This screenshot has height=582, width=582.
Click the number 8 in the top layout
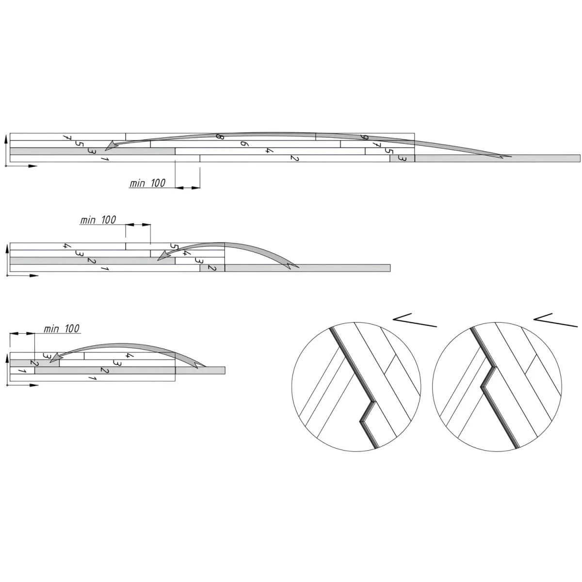pyautogui.click(x=220, y=136)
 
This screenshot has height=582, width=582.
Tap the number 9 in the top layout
pyautogui.click(x=365, y=137)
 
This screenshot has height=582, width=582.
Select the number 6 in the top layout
pyautogui.click(x=244, y=144)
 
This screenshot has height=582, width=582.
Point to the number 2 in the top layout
pyautogui.click(x=294, y=158)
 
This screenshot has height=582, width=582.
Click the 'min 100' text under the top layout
pyautogui.click(x=147, y=183)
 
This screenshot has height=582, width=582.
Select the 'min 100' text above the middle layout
pyautogui.click(x=98, y=220)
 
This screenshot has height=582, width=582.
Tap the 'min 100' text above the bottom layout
pyautogui.click(x=62, y=329)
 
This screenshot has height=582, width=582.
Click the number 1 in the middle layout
pyautogui.click(x=104, y=268)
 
